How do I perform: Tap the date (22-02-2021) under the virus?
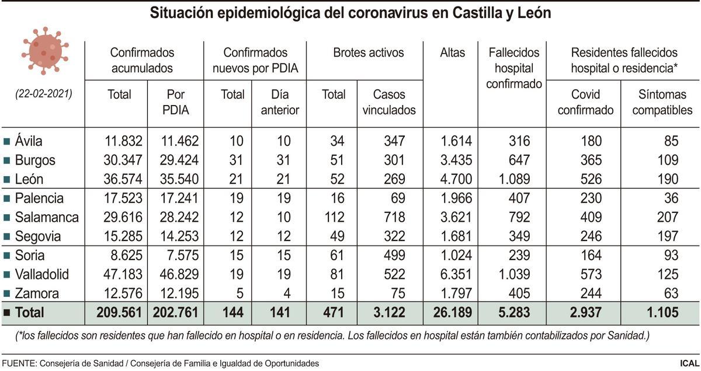(44, 93)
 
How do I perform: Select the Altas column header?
(452, 53)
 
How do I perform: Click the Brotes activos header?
(369, 53)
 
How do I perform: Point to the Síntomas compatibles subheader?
(662, 102)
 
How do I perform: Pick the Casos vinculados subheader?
(389, 102)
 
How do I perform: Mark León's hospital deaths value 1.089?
(511, 179)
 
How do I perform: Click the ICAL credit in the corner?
(689, 363)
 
